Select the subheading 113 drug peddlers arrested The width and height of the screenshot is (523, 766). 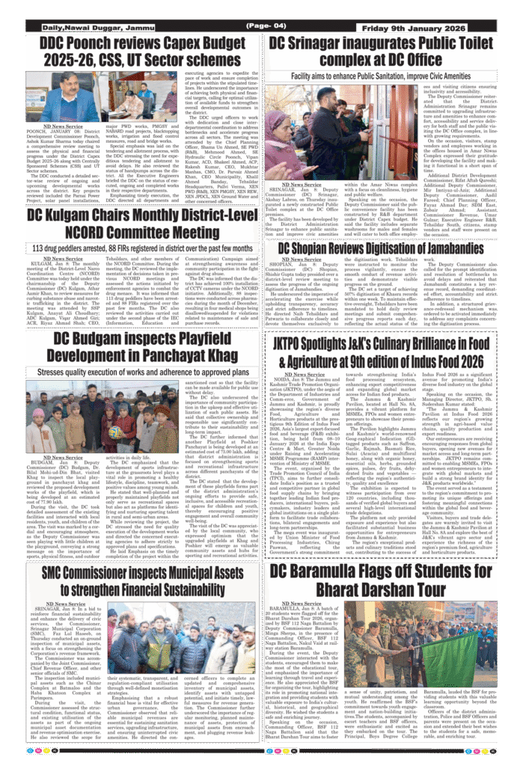click(x=132, y=247)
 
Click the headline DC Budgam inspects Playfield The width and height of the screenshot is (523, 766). click(x=132, y=348)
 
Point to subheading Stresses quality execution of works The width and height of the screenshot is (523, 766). click(x=132, y=371)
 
